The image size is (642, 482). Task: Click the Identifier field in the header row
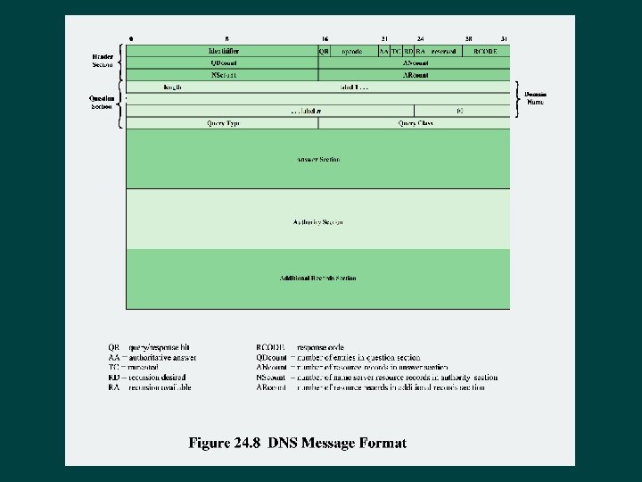click(224, 52)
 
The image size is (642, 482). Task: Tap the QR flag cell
click(325, 52)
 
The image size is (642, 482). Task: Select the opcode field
click(352, 52)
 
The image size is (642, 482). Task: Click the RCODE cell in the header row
click(485, 52)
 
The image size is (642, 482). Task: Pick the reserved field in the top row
click(443, 52)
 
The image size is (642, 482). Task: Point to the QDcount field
click(224, 63)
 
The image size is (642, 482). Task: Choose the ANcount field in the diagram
click(415, 63)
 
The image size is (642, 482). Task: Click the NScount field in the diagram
click(224, 75)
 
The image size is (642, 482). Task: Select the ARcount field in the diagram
click(415, 75)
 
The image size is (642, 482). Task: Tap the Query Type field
click(224, 123)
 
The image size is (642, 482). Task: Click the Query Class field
click(415, 123)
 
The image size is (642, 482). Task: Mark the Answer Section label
click(318, 159)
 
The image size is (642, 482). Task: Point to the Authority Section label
click(318, 221)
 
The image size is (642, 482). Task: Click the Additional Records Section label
click(318, 278)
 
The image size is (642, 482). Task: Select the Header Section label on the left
click(103, 60)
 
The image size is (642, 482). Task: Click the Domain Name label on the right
click(536, 98)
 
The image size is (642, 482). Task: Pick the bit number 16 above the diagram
click(325, 39)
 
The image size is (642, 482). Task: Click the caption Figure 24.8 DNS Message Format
click(297, 443)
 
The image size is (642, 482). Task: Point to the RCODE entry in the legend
click(269, 346)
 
